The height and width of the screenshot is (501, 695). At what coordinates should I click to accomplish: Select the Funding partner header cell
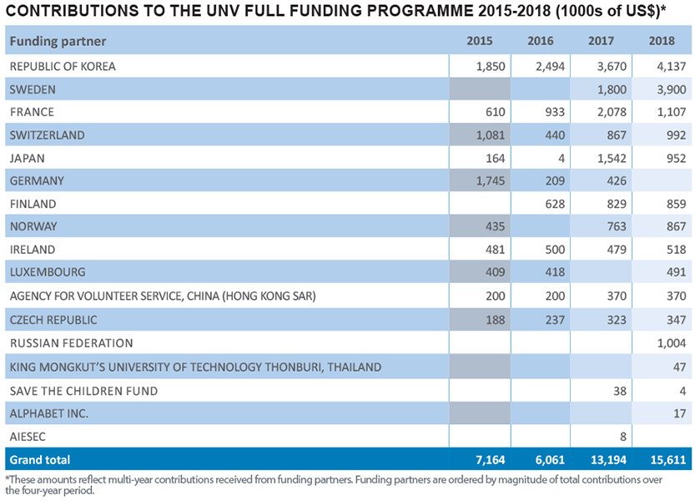(x=58, y=41)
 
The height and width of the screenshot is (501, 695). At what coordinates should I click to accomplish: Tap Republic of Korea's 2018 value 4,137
(x=671, y=66)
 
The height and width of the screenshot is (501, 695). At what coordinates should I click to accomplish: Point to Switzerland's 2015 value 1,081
(x=489, y=135)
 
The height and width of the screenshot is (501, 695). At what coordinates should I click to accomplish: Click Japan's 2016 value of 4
(x=561, y=158)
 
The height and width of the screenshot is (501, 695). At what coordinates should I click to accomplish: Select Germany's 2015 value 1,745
(x=489, y=180)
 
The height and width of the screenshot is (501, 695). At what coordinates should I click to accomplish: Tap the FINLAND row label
(x=33, y=204)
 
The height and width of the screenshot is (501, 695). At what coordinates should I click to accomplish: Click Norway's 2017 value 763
(x=613, y=226)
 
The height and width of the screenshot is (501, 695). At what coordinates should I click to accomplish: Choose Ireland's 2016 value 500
(x=553, y=249)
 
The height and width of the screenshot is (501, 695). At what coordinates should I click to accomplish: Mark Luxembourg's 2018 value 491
(x=675, y=272)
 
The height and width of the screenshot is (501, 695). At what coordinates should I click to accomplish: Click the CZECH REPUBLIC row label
(x=53, y=320)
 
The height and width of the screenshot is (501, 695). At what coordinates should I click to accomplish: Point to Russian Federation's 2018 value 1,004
(x=671, y=342)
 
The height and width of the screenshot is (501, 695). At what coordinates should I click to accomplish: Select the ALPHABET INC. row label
(x=49, y=412)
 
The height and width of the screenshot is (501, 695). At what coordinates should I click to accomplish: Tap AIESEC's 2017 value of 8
(x=622, y=435)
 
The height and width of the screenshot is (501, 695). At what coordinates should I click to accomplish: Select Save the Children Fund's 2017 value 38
(x=618, y=390)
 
